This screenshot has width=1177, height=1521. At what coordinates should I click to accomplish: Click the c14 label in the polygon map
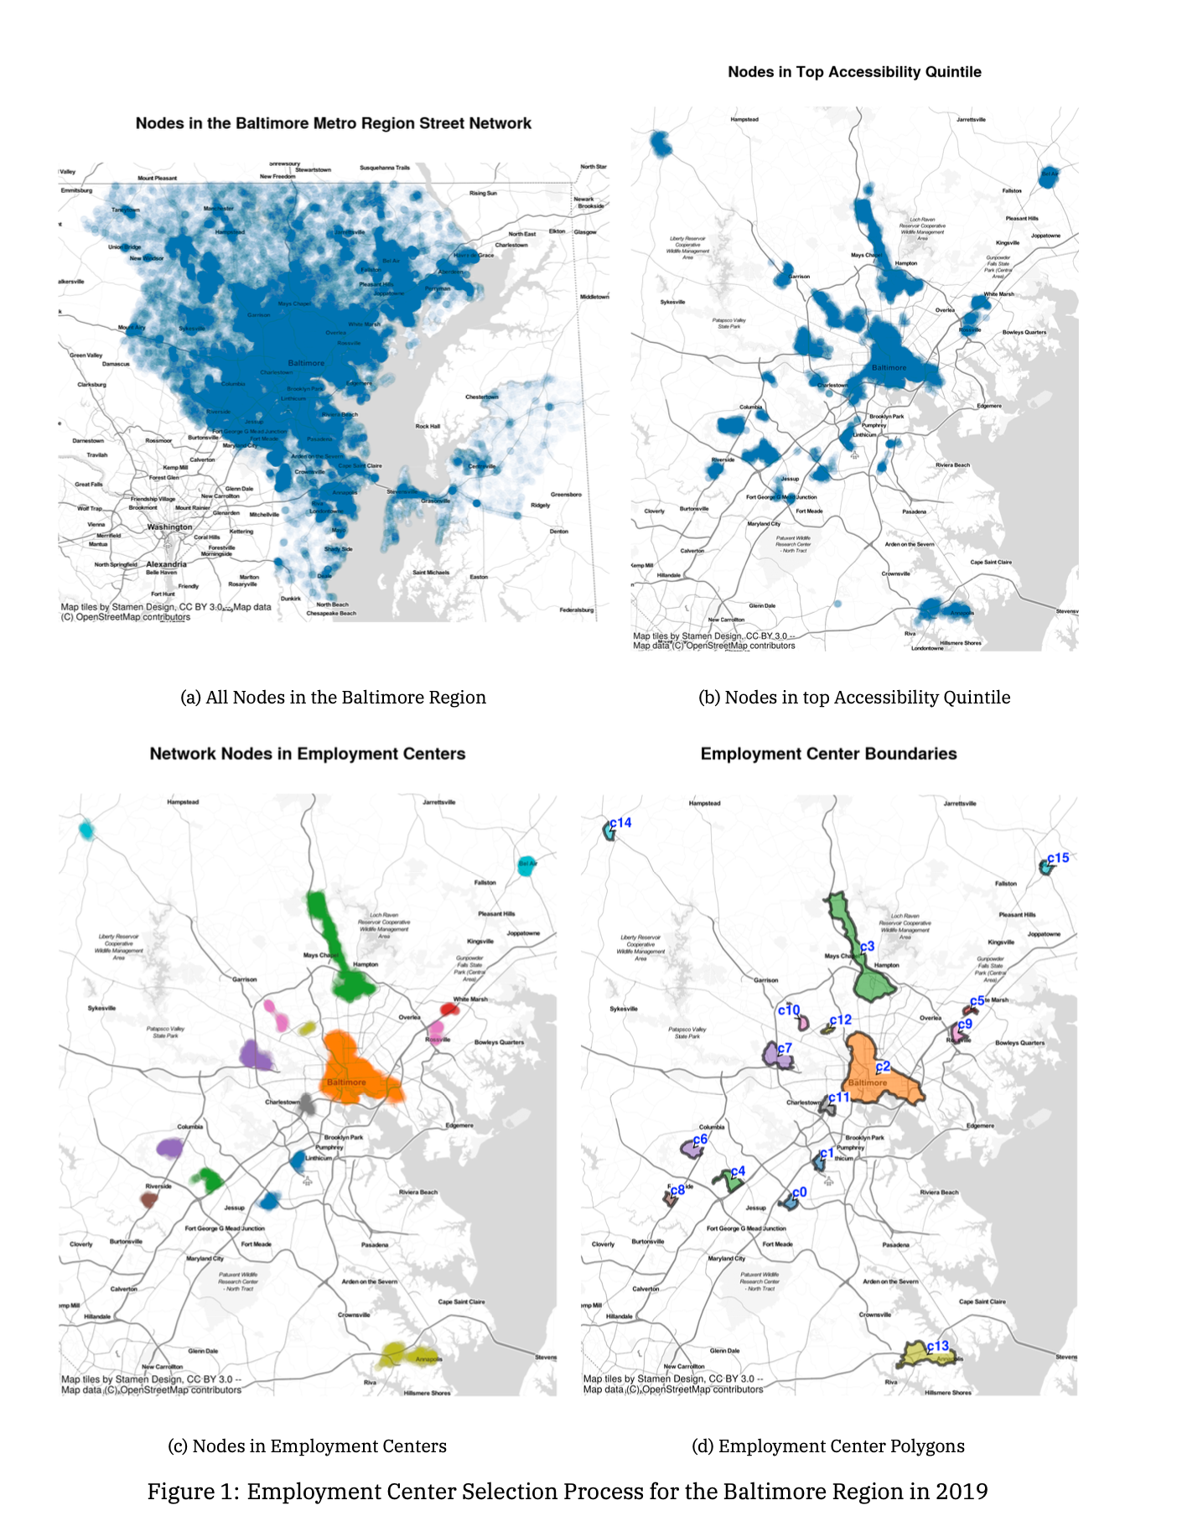tap(620, 823)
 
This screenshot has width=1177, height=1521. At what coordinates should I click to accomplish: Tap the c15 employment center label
tap(1058, 858)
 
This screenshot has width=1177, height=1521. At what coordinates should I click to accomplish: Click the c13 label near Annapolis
tap(937, 1346)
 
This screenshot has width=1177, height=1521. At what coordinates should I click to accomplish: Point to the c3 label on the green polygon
tap(867, 946)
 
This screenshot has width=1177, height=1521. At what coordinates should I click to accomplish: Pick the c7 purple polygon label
tap(784, 1048)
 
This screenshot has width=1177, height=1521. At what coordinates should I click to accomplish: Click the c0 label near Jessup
tap(799, 1191)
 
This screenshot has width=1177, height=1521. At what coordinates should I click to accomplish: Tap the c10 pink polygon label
tap(789, 1010)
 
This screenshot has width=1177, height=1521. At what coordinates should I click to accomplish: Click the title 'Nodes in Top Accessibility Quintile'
tap(854, 72)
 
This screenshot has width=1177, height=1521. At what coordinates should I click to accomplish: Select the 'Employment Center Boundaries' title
tap(828, 754)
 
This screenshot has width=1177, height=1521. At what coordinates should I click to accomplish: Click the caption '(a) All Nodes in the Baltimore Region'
tap(333, 698)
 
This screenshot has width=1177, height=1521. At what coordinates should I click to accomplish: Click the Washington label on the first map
tap(169, 527)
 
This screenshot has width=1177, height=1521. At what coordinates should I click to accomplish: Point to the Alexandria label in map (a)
tap(166, 564)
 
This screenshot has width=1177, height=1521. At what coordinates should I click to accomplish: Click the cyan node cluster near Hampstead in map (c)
tap(86, 830)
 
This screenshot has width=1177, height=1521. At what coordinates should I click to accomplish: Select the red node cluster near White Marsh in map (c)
tap(449, 1010)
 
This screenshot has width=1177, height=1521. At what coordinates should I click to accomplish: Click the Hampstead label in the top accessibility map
tap(744, 119)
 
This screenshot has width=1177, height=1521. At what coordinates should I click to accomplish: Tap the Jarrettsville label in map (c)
tap(438, 802)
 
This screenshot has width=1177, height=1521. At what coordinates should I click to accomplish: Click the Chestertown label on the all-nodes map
tap(481, 397)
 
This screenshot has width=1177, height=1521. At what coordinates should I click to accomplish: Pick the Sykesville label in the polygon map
tap(623, 1009)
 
